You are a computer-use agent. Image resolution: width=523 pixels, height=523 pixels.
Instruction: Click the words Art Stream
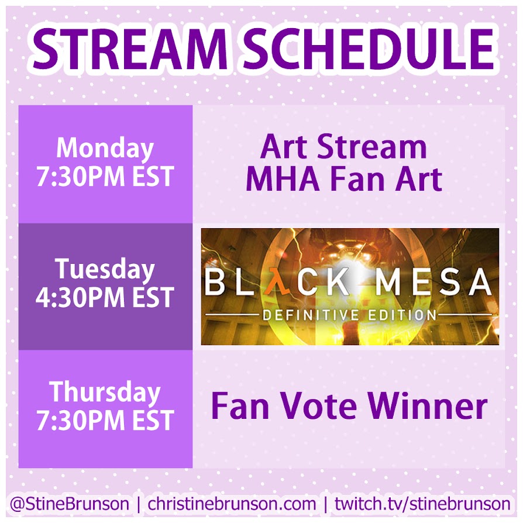tap(343, 147)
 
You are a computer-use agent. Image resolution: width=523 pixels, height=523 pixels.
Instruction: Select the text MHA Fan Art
tap(344, 180)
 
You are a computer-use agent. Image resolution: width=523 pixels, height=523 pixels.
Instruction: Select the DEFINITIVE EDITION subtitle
tap(349, 315)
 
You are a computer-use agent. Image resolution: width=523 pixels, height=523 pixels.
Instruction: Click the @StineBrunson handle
tap(70, 504)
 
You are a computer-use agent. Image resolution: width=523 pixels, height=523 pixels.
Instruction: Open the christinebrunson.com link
tap(232, 504)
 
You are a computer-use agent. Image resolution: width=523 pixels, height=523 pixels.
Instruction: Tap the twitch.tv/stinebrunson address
tap(422, 504)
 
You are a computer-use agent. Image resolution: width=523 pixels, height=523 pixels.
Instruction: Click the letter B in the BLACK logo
tap(214, 282)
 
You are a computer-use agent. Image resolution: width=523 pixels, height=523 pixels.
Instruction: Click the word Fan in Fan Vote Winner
tap(240, 407)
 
